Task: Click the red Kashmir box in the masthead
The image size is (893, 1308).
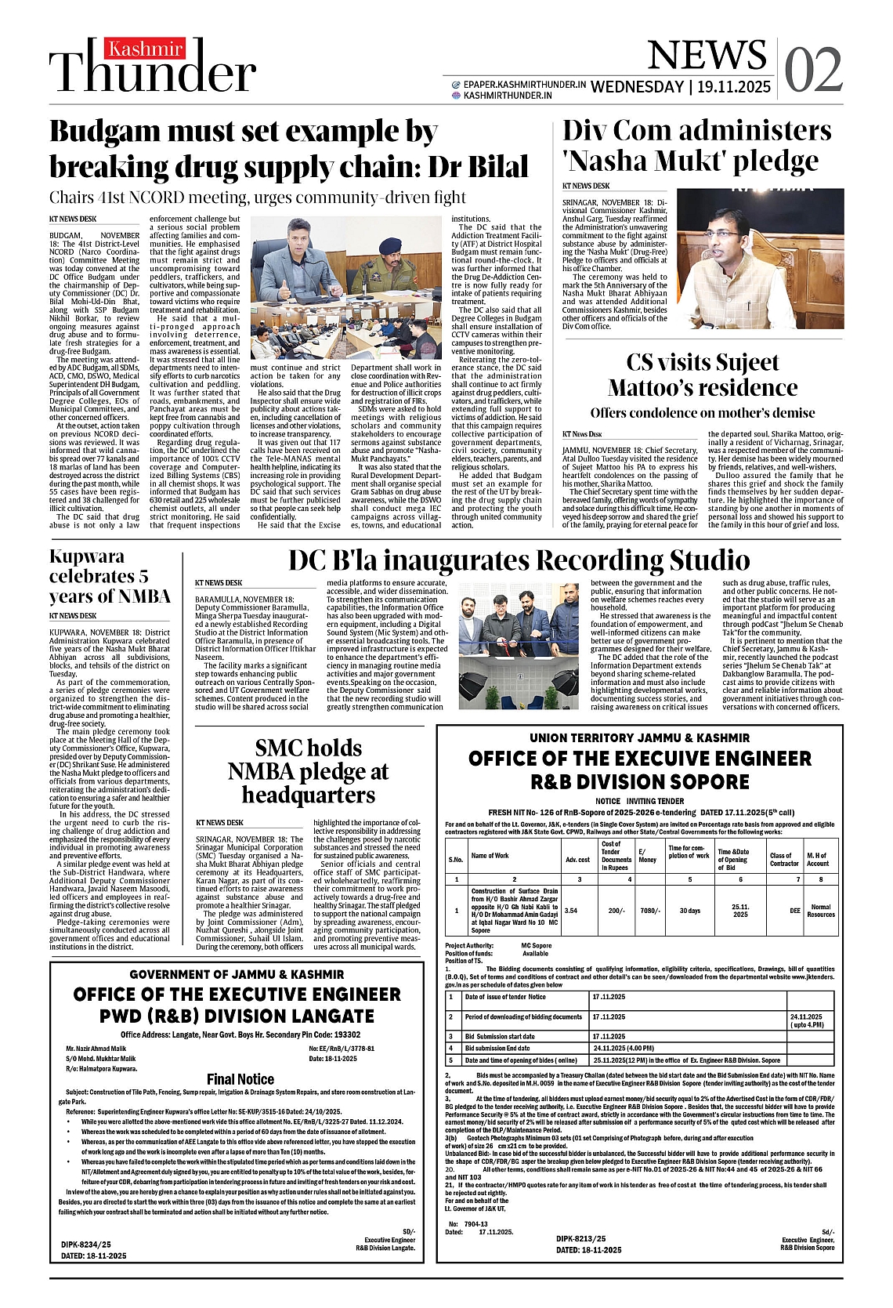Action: pyautogui.click(x=146, y=49)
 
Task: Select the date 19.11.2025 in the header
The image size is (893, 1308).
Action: pyautogui.click(x=732, y=87)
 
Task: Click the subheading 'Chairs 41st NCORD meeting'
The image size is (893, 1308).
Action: pyautogui.click(x=258, y=197)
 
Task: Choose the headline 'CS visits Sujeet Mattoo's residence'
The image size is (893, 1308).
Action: pyautogui.click(x=702, y=375)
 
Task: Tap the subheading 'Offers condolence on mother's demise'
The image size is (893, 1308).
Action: pyautogui.click(x=702, y=413)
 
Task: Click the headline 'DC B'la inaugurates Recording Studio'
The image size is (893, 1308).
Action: pyautogui.click(x=519, y=560)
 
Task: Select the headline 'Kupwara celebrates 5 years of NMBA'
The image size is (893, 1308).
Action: pyautogui.click(x=110, y=576)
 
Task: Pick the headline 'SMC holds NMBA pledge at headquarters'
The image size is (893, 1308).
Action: pyautogui.click(x=308, y=771)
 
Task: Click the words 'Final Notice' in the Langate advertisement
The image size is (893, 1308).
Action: pyautogui.click(x=240, y=1079)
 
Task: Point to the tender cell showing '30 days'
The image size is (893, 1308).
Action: pyautogui.click(x=689, y=911)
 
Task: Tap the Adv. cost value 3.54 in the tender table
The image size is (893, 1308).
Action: pyautogui.click(x=571, y=911)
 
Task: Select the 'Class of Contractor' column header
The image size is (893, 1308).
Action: pyautogui.click(x=783, y=860)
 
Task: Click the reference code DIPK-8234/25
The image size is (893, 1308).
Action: pyautogui.click(x=86, y=1244)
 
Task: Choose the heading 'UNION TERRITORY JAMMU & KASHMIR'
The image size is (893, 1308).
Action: pyautogui.click(x=639, y=737)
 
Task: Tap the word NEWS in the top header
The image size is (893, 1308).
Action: pyautogui.click(x=707, y=55)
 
